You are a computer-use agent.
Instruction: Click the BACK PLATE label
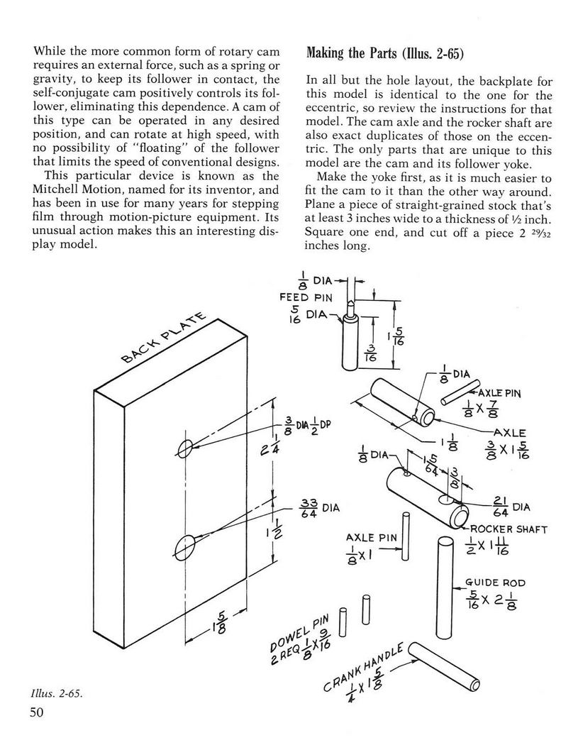(164, 337)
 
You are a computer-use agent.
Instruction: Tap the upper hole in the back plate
(185, 447)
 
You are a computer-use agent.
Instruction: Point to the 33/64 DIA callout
(320, 508)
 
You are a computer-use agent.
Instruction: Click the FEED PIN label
(306, 297)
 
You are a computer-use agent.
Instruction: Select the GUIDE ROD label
(495, 583)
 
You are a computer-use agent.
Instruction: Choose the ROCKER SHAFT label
(509, 529)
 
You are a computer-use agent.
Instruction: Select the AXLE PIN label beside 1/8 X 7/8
(499, 393)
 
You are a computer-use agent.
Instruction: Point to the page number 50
(37, 712)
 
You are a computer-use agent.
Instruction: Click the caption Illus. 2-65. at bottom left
(56, 694)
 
